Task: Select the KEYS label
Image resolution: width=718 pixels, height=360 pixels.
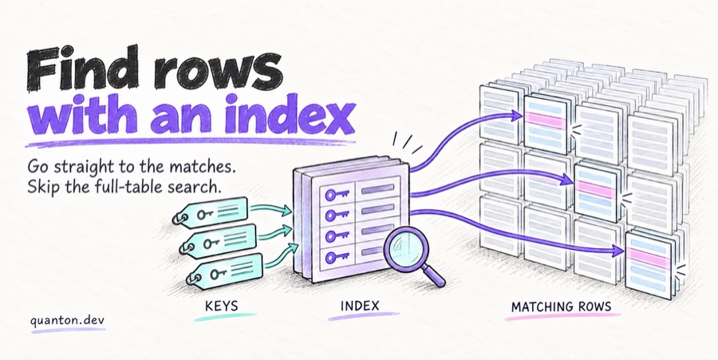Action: [221, 306]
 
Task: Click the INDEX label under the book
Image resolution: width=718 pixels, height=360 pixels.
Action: [360, 306]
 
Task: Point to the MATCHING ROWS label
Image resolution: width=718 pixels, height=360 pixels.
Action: [561, 307]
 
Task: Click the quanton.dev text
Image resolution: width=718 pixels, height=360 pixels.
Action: [68, 320]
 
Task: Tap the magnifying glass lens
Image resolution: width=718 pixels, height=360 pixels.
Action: [404, 250]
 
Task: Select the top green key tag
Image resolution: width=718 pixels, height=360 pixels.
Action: [211, 212]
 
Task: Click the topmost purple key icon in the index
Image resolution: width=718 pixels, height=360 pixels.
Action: [337, 195]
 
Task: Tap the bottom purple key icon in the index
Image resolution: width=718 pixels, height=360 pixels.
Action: [337, 257]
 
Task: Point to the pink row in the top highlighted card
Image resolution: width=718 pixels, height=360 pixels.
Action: [545, 121]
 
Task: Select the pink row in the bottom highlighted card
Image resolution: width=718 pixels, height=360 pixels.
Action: [647, 257]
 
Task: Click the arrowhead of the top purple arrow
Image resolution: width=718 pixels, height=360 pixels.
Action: [518, 116]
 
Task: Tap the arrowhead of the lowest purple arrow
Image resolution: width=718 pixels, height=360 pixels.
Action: [618, 251]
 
